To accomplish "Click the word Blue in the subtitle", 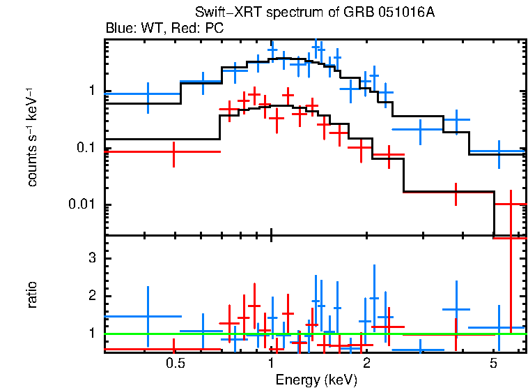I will (118, 29).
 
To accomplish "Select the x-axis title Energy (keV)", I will (316, 380).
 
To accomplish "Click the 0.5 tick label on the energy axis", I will (176, 364).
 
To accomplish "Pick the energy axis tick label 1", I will (271, 364).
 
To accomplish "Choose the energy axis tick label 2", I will (366, 364).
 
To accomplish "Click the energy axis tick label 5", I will (493, 364).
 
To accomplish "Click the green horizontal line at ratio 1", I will (313, 334).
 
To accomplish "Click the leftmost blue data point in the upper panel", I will (148, 94).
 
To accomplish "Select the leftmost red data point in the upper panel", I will (173, 151).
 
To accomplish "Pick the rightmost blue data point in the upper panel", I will (499, 151).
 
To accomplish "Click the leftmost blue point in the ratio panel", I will (148, 316).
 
